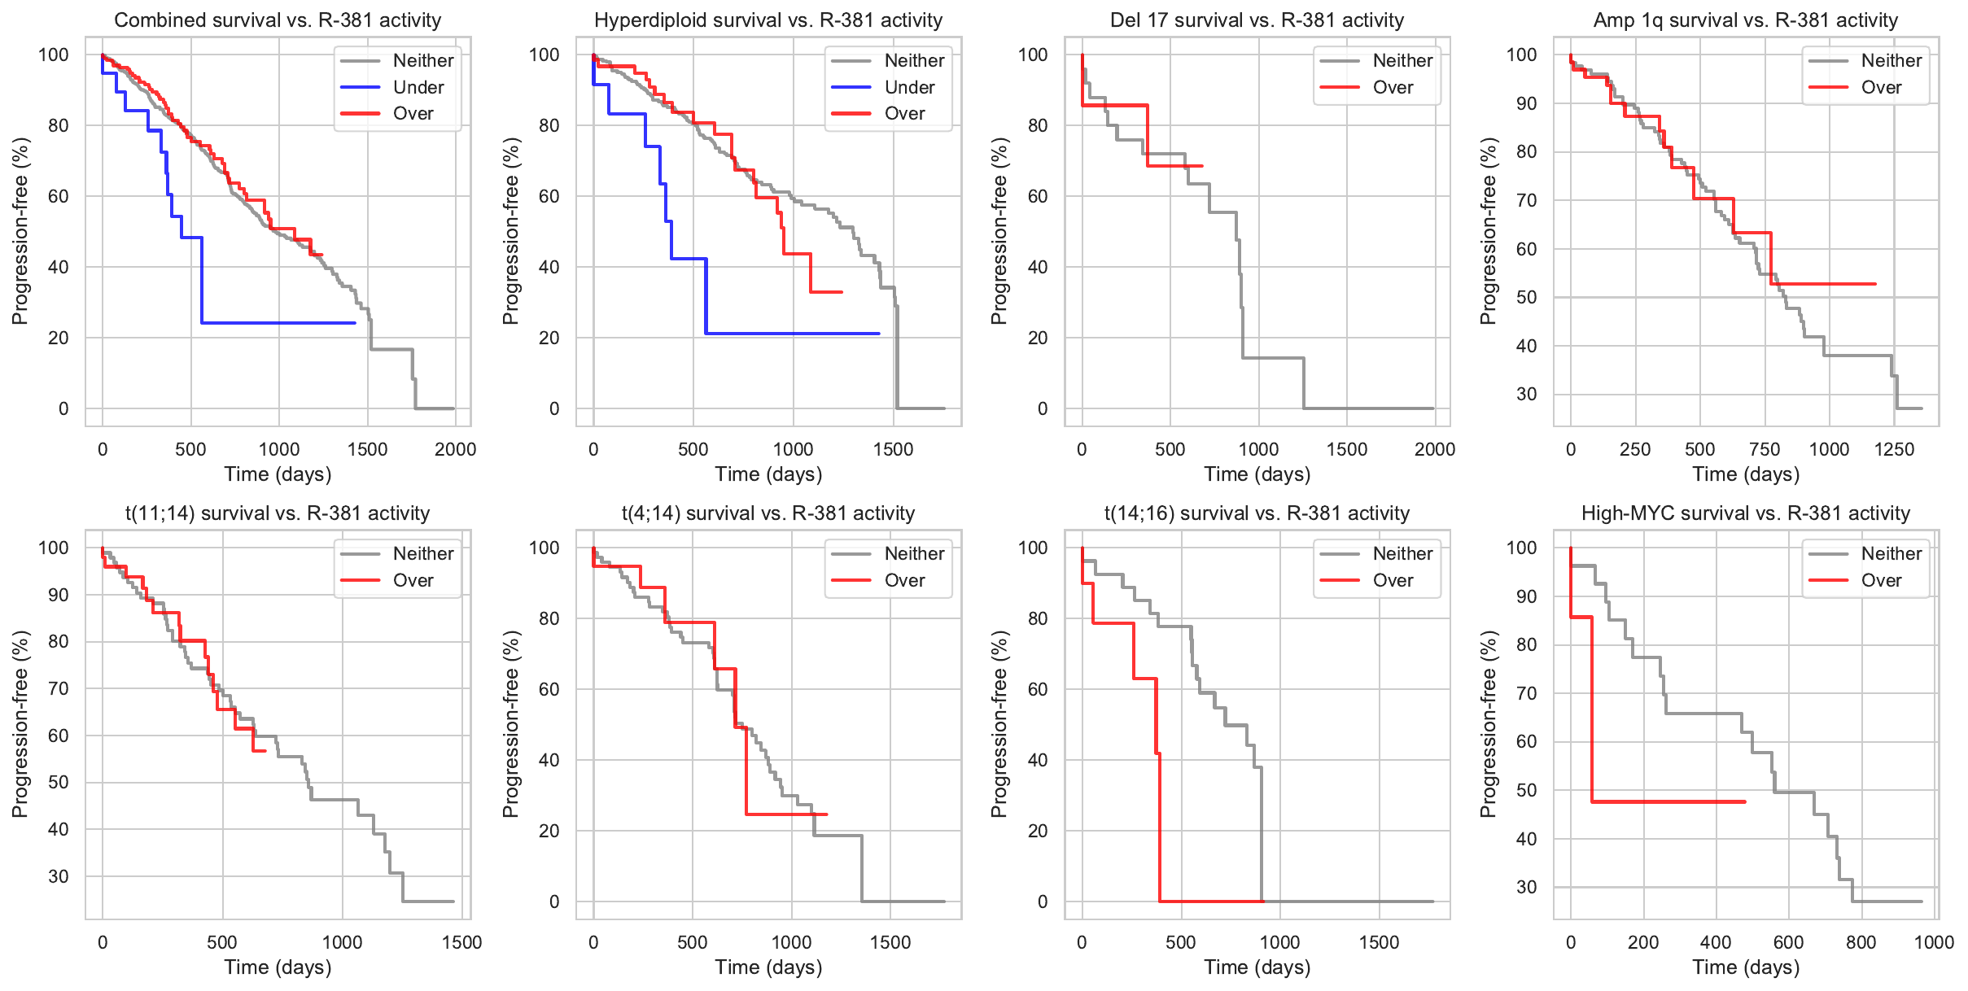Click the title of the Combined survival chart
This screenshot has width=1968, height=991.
pyautogui.click(x=278, y=20)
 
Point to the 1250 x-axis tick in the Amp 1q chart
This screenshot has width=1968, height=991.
pyautogui.click(x=1894, y=449)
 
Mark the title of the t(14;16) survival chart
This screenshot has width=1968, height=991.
pyautogui.click(x=1257, y=513)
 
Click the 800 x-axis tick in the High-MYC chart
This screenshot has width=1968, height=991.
pyautogui.click(x=1861, y=942)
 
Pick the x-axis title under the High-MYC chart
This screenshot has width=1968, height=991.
pyautogui.click(x=1746, y=967)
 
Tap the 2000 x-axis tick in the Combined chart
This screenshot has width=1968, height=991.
pyautogui.click(x=455, y=449)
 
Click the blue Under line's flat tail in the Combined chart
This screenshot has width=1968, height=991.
pyautogui.click(x=277, y=323)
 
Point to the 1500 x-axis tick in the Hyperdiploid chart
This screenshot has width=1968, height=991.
pyautogui.click(x=893, y=449)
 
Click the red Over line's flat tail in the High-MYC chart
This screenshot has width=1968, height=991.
pyautogui.click(x=1668, y=801)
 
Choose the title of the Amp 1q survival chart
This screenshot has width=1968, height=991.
pyautogui.click(x=1746, y=20)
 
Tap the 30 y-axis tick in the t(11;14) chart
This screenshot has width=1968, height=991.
pyautogui.click(x=59, y=876)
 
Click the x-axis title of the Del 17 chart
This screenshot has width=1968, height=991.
pyautogui.click(x=1257, y=474)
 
